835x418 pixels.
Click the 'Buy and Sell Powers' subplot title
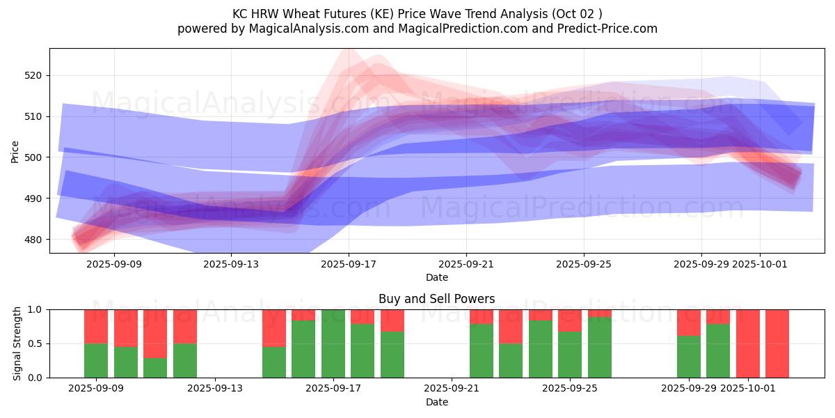(436, 299)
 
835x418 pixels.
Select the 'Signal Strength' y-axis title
(17, 343)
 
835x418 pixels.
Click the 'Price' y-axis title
(15, 150)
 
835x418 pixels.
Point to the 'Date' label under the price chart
(436, 277)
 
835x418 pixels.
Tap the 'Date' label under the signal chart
(436, 402)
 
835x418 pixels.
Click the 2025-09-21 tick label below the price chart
(466, 264)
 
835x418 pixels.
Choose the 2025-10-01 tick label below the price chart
(760, 264)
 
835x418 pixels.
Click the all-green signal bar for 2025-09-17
(333, 343)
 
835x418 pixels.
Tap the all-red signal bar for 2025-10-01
(747, 343)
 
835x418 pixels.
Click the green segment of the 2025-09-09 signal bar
(96, 360)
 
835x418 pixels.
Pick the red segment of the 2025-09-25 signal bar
(570, 320)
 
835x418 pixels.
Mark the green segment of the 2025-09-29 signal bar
(688, 357)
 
